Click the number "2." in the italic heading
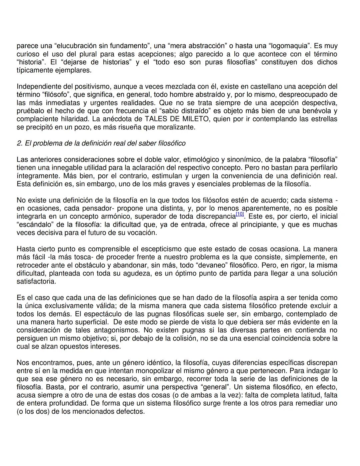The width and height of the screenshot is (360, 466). [x=19, y=143]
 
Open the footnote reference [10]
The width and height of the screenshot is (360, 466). [x=239, y=214]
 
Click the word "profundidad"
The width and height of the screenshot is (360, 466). [x=66, y=403]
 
